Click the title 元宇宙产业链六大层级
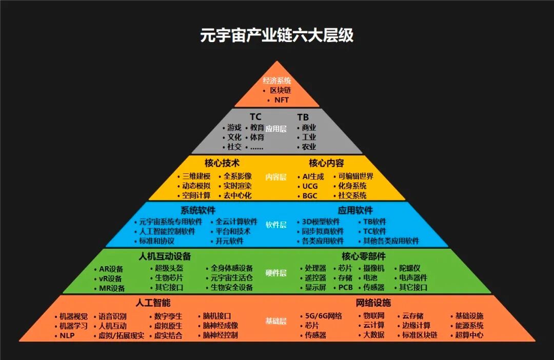[x=276, y=36]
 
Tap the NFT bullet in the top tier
[x=282, y=100]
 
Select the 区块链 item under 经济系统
[x=280, y=90]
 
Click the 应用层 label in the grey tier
[x=276, y=129]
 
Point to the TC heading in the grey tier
[x=255, y=117]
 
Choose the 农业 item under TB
[x=309, y=147]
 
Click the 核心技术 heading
[x=222, y=163]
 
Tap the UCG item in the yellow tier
[x=310, y=186]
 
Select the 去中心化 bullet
[x=238, y=195]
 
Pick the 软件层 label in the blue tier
[x=276, y=224]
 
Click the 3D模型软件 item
[x=321, y=222]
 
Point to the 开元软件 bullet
[x=230, y=241]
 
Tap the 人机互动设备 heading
[x=165, y=256]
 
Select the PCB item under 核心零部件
[x=345, y=287]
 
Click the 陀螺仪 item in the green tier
[x=410, y=268]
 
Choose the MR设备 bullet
[x=112, y=288]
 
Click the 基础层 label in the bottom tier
[x=276, y=321]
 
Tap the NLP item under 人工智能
[x=67, y=335]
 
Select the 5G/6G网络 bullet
[x=324, y=316]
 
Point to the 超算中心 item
[x=469, y=335]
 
